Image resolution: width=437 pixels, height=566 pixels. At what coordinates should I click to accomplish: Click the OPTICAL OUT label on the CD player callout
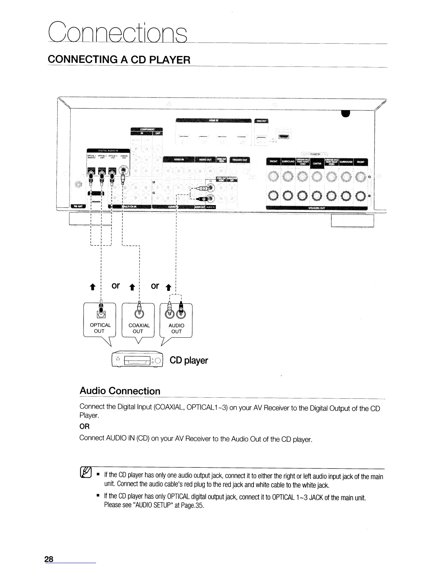pyautogui.click(x=100, y=328)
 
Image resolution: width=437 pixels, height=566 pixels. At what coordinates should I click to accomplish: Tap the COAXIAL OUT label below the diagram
pyautogui.click(x=139, y=328)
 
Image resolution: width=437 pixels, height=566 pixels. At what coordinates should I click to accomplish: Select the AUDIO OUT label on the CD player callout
pyautogui.click(x=176, y=328)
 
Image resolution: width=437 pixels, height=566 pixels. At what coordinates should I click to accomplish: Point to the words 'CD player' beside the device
pyautogui.click(x=189, y=360)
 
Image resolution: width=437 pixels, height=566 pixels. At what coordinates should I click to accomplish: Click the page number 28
pyautogui.click(x=49, y=559)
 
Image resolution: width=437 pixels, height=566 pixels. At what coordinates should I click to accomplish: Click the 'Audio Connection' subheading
pyautogui.click(x=120, y=391)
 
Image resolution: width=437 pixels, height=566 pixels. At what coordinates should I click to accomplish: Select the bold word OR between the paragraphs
pyautogui.click(x=84, y=427)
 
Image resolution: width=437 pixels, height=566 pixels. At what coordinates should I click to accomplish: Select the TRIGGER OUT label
pyautogui.click(x=240, y=160)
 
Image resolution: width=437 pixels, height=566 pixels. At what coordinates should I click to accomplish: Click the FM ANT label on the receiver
pyautogui.click(x=77, y=207)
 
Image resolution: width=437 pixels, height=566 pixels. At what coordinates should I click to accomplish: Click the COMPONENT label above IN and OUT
pyautogui.click(x=146, y=129)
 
